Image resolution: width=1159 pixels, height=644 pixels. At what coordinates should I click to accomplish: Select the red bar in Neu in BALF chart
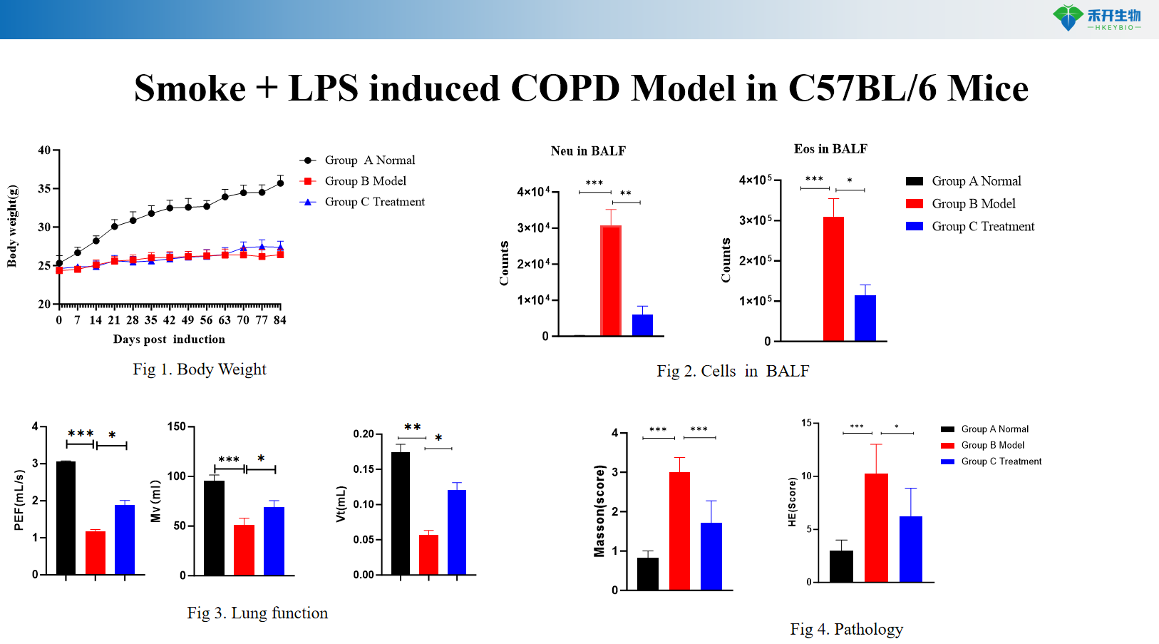[610, 280]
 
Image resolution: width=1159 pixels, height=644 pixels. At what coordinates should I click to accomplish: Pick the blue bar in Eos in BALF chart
[865, 318]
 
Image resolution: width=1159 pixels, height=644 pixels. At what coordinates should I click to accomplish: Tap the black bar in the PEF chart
[66, 518]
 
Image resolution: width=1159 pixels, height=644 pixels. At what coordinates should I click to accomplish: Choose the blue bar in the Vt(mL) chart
[456, 532]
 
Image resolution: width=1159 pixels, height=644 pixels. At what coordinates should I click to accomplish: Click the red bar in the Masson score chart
[679, 531]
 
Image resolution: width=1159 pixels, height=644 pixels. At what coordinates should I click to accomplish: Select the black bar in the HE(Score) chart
[841, 566]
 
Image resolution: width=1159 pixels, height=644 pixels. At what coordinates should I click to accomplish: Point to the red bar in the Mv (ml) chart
[244, 550]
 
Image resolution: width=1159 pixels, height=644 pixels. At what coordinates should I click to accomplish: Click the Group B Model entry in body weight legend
[365, 181]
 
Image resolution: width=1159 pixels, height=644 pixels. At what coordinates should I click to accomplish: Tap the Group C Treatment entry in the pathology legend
[1001, 461]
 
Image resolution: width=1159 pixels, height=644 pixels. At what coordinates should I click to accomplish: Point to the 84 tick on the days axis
[280, 320]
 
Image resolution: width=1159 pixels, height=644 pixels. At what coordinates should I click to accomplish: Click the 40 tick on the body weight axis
[44, 150]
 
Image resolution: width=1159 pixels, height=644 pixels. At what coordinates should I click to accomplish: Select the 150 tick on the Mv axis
[176, 426]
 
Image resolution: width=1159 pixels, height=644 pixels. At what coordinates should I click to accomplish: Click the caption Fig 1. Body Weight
[199, 369]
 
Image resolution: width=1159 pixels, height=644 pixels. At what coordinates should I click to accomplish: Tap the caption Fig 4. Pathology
[846, 629]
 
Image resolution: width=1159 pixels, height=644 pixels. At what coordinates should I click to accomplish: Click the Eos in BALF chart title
[830, 149]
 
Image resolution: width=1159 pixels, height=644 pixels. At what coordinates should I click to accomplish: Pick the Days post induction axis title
[169, 339]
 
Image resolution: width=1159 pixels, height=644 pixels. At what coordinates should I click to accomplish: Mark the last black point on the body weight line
[280, 183]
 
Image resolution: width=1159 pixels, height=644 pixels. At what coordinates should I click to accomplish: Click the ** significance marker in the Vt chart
[412, 427]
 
